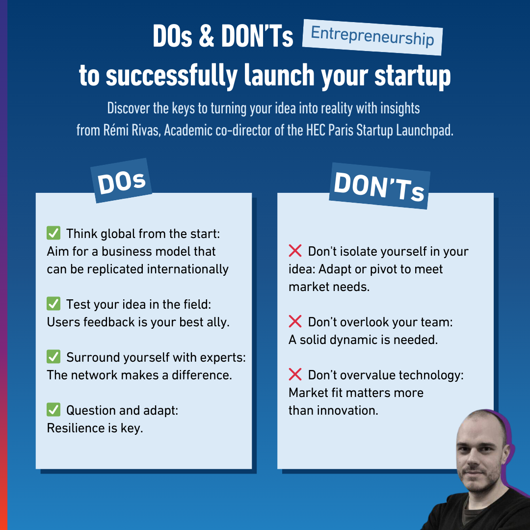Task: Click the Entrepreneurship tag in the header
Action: pyautogui.click(x=372, y=37)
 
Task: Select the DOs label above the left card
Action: pyautogui.click(x=121, y=181)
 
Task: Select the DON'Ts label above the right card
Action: pyautogui.click(x=379, y=186)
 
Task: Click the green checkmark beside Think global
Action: pyautogui.click(x=53, y=233)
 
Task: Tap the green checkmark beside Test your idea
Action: pyautogui.click(x=53, y=304)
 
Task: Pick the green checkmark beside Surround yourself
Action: pyautogui.click(x=53, y=357)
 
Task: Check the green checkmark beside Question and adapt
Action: pyautogui.click(x=53, y=410)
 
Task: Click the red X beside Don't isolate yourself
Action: pyautogui.click(x=295, y=251)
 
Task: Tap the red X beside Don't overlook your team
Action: pyautogui.click(x=295, y=321)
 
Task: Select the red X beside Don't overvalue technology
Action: pyautogui.click(x=295, y=374)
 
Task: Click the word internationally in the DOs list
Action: pyautogui.click(x=187, y=269)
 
